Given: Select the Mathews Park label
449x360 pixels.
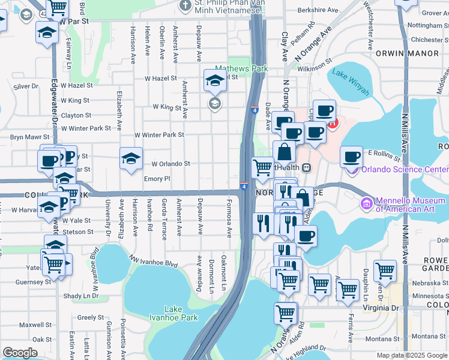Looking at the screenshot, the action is tap(242, 69).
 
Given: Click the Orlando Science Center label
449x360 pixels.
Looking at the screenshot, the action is tap(405, 169).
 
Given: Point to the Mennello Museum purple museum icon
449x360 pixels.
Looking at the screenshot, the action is tap(366, 205).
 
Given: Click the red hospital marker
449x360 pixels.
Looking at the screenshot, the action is tap(332, 124).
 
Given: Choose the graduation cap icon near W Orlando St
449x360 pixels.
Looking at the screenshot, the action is tap(131, 159).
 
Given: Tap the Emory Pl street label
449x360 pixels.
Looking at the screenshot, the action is tap(157, 179).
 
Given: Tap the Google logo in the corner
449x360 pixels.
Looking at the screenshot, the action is tap(20, 353).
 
